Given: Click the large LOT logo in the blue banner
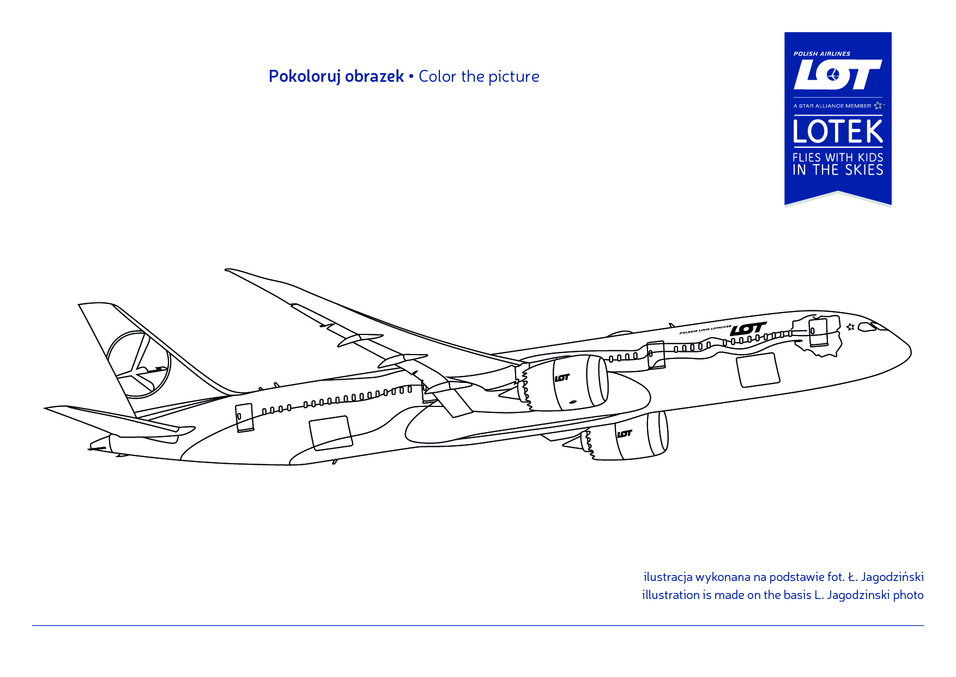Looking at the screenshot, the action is click(x=838, y=74).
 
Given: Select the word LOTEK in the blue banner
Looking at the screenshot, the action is click(x=838, y=131).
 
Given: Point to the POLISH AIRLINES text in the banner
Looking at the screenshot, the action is click(x=822, y=53).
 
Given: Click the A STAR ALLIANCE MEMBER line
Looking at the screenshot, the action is click(x=838, y=105).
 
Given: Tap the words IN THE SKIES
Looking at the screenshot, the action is click(x=838, y=170).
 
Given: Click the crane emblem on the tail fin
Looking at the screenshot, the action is click(x=138, y=364).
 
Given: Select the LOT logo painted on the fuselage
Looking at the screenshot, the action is click(x=748, y=329).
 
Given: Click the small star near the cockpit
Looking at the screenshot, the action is click(x=850, y=327).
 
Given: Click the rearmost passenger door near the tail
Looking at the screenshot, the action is click(x=244, y=418).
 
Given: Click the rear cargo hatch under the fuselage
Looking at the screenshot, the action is click(x=330, y=433).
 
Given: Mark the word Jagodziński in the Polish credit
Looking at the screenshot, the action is click(x=892, y=577).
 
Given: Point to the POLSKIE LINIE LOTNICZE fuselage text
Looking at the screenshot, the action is click(x=705, y=329).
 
